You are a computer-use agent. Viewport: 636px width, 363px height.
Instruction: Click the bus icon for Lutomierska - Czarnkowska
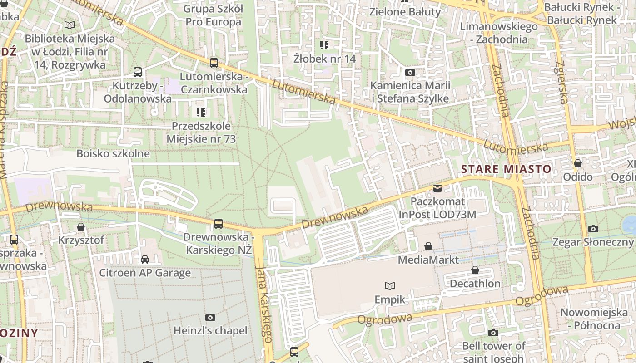click(214, 63)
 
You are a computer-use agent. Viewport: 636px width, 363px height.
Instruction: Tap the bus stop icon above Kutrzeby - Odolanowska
click(137, 72)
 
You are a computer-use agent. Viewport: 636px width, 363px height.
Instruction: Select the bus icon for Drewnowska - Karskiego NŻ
click(219, 223)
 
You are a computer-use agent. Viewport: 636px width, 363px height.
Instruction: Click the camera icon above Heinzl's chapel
click(210, 317)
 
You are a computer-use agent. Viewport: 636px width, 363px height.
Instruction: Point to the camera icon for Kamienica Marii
click(410, 72)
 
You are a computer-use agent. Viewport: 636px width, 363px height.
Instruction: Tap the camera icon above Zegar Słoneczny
click(593, 229)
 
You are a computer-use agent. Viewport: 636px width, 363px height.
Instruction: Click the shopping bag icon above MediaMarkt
click(428, 246)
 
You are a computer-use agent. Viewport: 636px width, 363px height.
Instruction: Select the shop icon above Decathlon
click(475, 270)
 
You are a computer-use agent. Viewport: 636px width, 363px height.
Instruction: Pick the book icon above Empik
click(389, 286)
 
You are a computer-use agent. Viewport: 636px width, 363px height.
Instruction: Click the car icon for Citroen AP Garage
click(145, 259)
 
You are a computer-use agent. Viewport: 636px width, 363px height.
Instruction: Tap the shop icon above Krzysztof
click(81, 226)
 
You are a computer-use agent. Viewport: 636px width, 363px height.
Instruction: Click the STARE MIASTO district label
click(506, 169)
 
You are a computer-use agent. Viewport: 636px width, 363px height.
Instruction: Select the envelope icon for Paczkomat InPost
click(437, 188)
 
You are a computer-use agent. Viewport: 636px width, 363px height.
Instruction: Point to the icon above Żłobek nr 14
click(324, 45)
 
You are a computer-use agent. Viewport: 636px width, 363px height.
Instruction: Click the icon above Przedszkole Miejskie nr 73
click(201, 112)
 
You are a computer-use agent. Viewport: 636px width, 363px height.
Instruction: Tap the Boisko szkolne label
click(113, 153)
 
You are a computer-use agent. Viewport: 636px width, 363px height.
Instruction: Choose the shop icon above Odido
click(578, 163)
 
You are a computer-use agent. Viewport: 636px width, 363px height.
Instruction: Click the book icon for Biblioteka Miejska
click(70, 25)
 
